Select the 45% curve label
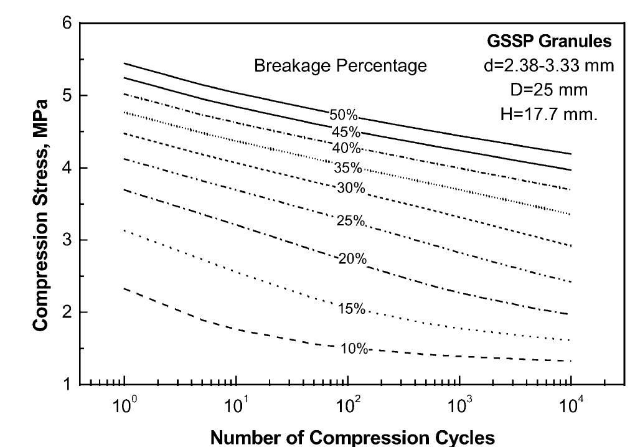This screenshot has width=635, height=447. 346,132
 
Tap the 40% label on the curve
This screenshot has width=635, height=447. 346,148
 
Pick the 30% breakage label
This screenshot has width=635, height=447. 350,187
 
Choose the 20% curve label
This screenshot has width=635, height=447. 352,259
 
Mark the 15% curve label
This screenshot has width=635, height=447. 351,308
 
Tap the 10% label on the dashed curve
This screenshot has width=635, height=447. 354,348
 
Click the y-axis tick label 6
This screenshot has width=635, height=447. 67,24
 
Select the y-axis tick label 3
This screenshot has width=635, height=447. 67,240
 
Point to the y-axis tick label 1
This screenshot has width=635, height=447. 67,384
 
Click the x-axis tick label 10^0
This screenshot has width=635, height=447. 124,408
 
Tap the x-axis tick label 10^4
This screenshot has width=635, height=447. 570,408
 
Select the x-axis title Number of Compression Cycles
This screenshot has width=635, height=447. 352,436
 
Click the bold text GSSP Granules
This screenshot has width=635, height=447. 549,42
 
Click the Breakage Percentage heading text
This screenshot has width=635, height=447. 341,66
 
